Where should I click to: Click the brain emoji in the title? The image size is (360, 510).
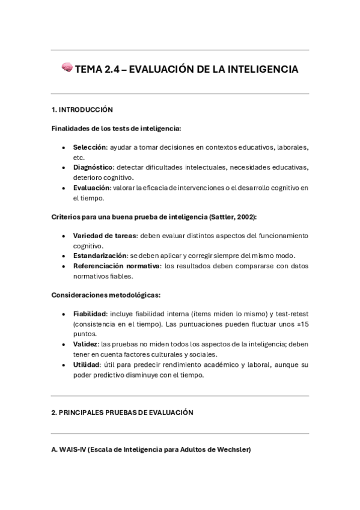coord(67,69)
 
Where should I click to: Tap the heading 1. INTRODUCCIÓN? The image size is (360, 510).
coord(82,109)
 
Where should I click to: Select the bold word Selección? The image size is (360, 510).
coord(90,147)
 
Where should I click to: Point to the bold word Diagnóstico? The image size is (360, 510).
coord(93,167)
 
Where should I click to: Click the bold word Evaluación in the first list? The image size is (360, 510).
coord(91,188)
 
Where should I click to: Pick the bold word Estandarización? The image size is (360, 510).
coord(100,256)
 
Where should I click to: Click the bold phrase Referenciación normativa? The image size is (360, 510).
coord(117,266)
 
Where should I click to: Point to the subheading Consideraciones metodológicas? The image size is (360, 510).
coord(106,295)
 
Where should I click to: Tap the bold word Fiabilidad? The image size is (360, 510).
coord(90,314)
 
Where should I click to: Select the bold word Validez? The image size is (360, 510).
coord(85,344)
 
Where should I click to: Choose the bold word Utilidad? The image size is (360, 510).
coord(87,364)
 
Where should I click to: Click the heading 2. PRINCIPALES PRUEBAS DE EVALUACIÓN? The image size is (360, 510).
coord(122,413)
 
